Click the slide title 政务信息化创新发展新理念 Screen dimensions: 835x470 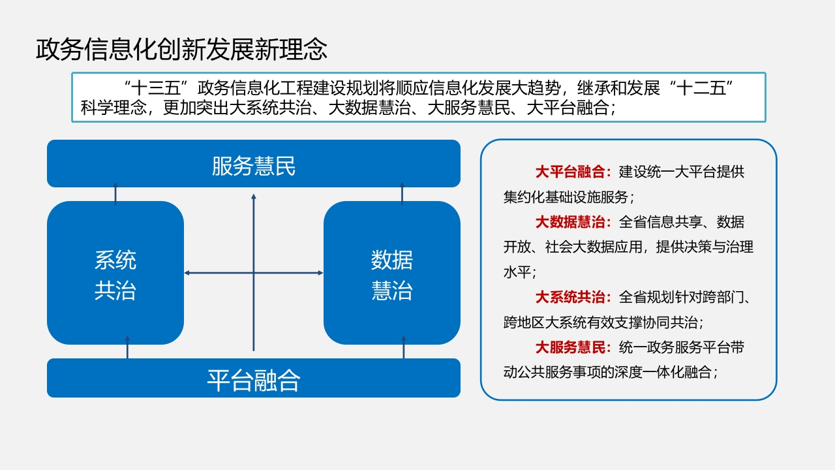181,49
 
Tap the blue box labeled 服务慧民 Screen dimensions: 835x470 254,163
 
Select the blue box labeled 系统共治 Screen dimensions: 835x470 115,273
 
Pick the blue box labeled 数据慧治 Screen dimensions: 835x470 392,273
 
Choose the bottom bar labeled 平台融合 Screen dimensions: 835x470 254,378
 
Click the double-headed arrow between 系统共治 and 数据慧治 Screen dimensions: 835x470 254,273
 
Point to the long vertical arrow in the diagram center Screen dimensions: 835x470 254,272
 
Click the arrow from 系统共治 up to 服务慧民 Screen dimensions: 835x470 115,194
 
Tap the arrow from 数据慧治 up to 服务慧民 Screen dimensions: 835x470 402,194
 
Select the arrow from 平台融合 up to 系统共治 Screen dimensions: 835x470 127,347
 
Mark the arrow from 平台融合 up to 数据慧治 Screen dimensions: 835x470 403,347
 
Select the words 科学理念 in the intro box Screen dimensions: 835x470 114,108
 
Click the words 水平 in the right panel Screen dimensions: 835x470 517,272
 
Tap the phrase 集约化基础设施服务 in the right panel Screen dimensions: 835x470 566,197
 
